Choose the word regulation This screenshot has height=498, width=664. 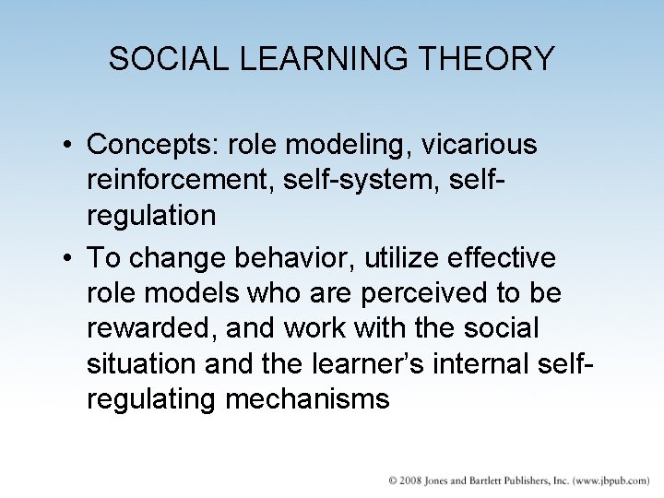(x=151, y=216)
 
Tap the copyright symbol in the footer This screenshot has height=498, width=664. (x=391, y=480)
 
